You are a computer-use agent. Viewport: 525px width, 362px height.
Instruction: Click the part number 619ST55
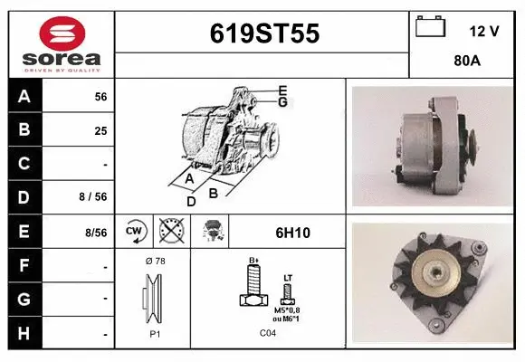coord(263,33)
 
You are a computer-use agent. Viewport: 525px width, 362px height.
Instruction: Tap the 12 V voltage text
coord(484,31)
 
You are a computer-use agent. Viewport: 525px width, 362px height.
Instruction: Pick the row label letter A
coord(24,96)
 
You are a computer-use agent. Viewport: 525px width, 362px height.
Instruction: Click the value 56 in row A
coord(100,96)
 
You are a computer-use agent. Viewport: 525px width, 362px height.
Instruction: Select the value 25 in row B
coord(100,129)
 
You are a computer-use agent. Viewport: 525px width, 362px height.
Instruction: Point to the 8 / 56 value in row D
coord(95,197)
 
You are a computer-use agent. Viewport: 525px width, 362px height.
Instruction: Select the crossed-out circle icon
coord(170,232)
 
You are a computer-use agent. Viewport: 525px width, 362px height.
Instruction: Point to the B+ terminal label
coord(254,261)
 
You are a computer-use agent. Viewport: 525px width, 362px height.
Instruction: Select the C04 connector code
coord(267,333)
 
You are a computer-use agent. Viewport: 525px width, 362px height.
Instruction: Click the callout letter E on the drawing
coord(282,90)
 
